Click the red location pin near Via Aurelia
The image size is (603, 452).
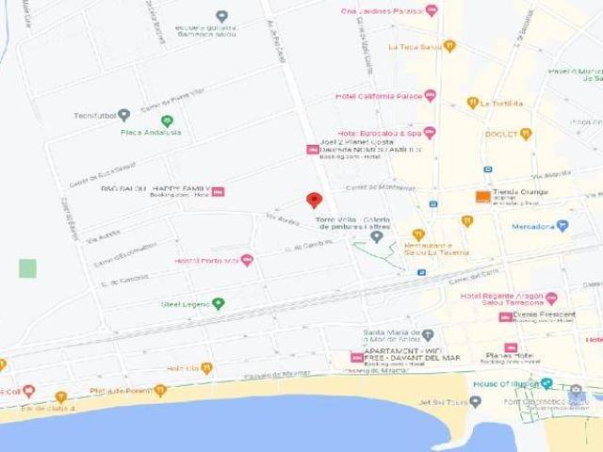point(315,201)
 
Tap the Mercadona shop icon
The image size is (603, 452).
point(562,226)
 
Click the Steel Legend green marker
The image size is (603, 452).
point(219,303)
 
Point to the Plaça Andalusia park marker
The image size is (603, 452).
point(167,121)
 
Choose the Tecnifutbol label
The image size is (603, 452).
point(94,116)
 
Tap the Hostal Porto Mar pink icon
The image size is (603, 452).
point(247,260)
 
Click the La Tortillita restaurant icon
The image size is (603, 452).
point(473,104)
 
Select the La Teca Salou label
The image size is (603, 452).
point(415,46)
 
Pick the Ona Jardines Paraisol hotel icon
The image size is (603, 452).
point(432,10)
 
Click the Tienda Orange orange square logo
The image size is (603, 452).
point(482,196)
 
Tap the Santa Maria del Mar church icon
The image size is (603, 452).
point(427,334)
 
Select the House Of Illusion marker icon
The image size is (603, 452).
point(547,386)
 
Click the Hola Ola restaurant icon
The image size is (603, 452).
point(206,369)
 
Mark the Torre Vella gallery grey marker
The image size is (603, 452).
point(377,236)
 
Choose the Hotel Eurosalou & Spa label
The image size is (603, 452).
point(380,133)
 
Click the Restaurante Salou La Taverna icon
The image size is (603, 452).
point(418,234)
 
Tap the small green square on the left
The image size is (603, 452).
point(27,268)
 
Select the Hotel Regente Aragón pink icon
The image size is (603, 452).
point(549,297)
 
